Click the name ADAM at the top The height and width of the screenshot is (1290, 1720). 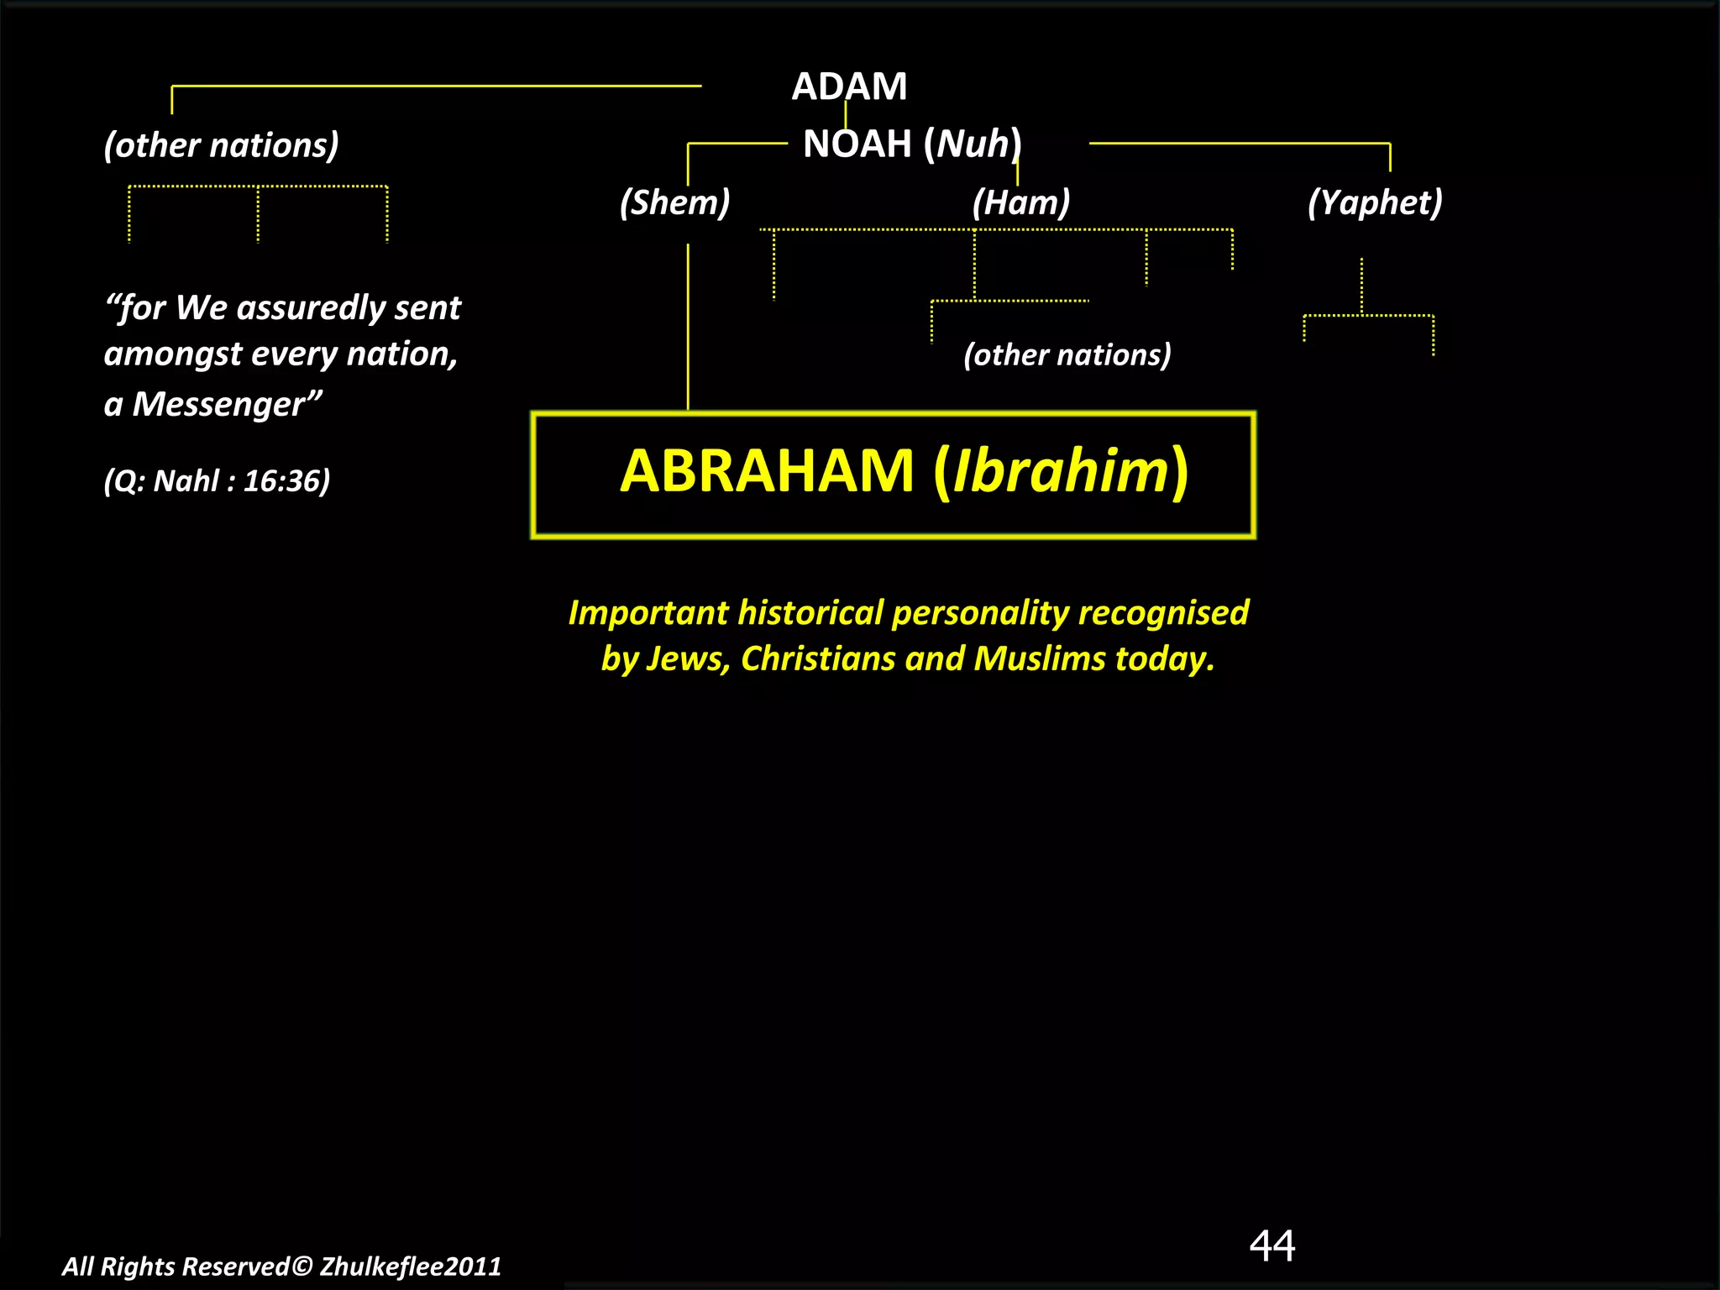click(x=849, y=87)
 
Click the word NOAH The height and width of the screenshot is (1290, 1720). click(x=857, y=144)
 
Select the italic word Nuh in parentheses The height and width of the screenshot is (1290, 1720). click(x=973, y=144)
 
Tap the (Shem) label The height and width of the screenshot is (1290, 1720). click(x=674, y=202)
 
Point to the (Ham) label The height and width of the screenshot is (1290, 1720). click(x=1021, y=202)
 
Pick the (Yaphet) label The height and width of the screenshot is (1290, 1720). click(x=1375, y=202)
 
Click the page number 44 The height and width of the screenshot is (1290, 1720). click(x=1272, y=1245)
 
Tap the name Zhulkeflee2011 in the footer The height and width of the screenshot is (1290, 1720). click(x=410, y=1266)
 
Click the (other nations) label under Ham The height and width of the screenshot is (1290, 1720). click(x=1067, y=354)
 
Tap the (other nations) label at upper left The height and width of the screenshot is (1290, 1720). click(x=221, y=145)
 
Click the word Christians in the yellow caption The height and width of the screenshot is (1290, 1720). click(x=819, y=658)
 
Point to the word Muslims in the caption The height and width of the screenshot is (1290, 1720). click(x=1040, y=658)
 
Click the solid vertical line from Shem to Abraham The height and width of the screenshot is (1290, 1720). click(x=688, y=328)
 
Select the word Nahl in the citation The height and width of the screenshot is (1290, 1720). click(x=186, y=480)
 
